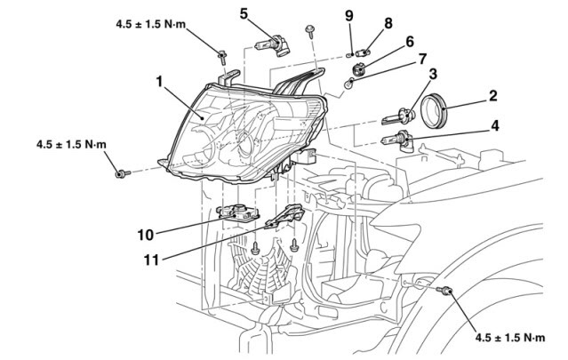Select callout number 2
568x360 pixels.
[492, 94]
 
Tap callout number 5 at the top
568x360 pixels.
[244, 13]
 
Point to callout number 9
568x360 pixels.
[349, 15]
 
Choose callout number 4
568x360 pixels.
[494, 126]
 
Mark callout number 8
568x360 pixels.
[388, 22]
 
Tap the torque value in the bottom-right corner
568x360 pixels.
[509, 338]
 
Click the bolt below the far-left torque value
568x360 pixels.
[121, 174]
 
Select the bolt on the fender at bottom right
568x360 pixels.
[447, 292]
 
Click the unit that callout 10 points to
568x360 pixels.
[238, 212]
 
